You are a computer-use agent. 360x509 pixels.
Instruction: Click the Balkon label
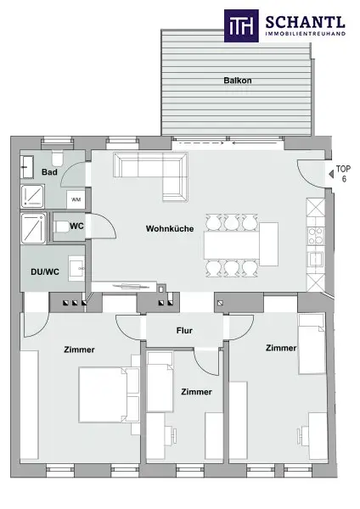[x=238, y=81]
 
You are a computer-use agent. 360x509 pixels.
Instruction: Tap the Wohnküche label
[x=170, y=228]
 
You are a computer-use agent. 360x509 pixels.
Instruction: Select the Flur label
[x=184, y=331]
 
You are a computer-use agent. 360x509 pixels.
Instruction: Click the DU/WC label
[x=45, y=271]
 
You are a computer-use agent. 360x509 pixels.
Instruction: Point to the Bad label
[x=49, y=172]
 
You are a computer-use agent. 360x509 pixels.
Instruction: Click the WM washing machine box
[x=76, y=199]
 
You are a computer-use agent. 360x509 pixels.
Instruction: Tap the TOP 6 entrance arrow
[x=331, y=174]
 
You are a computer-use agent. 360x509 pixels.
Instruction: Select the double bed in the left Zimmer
[x=110, y=394]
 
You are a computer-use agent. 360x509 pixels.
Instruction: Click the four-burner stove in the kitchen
[x=316, y=235]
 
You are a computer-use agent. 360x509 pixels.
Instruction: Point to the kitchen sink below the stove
[x=316, y=259]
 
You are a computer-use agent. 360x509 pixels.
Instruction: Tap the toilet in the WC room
[x=61, y=227]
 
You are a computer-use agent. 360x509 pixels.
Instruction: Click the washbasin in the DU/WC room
[x=76, y=268]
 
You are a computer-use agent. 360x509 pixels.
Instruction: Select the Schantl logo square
[x=241, y=25]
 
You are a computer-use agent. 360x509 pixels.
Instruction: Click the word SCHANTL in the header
[x=305, y=22]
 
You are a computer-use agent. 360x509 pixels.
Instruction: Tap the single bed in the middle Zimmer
[x=160, y=382]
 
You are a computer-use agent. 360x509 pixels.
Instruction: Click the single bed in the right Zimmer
[x=312, y=344]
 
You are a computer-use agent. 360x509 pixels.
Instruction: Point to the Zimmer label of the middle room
[x=197, y=392]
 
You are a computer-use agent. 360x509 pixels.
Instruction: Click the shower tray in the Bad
[x=32, y=197]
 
